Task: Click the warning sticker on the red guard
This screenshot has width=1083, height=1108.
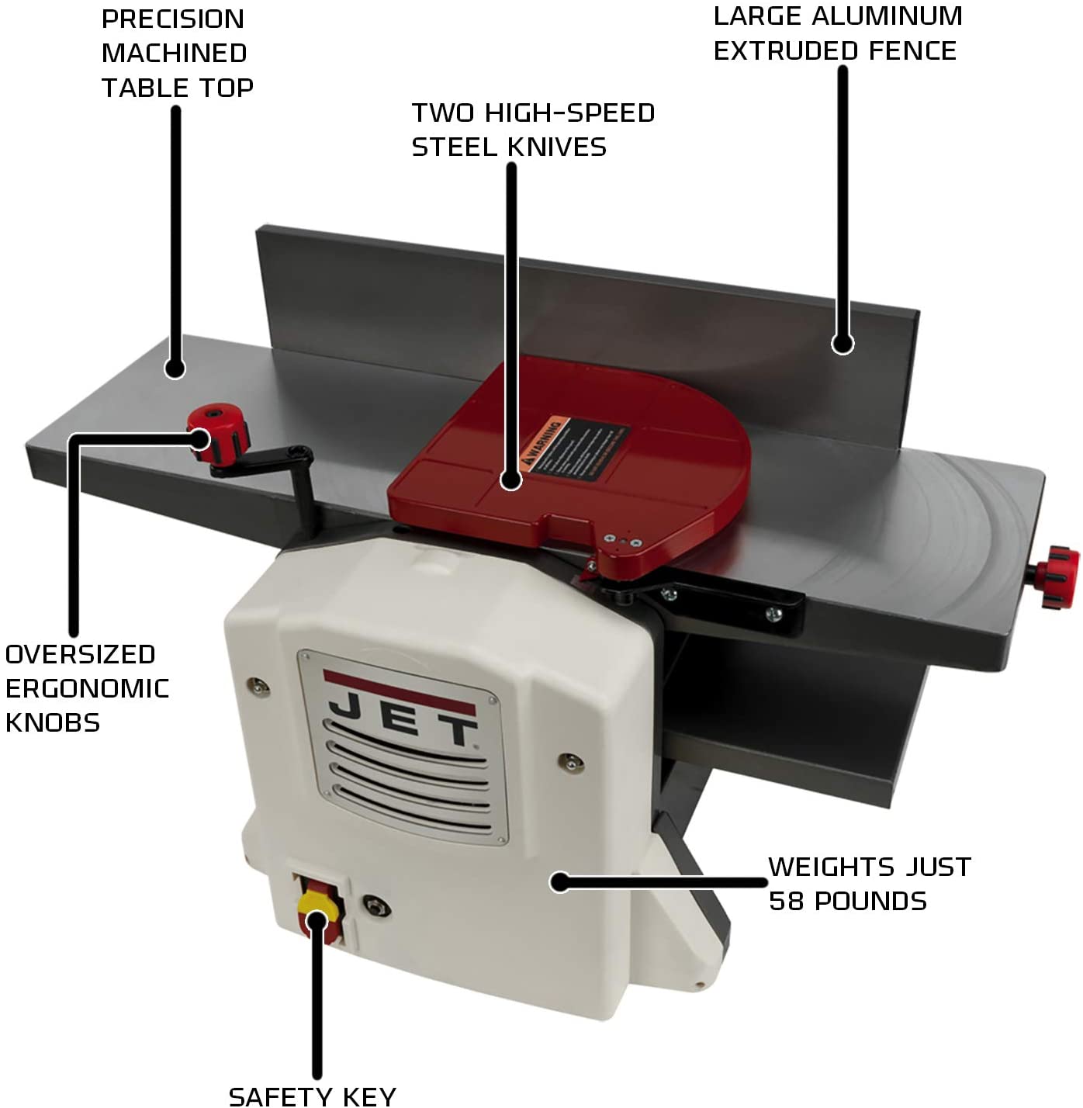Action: [573, 448]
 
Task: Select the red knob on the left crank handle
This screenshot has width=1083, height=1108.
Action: [220, 431]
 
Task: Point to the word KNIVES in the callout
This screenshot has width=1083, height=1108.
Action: [557, 147]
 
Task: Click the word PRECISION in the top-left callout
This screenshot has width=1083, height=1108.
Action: [172, 19]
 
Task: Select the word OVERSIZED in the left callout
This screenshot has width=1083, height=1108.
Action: [80, 655]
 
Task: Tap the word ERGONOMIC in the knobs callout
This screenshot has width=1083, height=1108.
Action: [87, 689]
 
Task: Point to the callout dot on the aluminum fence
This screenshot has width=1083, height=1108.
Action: [843, 343]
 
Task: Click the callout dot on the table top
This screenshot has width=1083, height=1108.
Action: [175, 368]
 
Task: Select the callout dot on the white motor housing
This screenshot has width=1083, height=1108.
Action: [560, 882]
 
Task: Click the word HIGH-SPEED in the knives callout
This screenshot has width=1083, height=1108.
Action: [569, 113]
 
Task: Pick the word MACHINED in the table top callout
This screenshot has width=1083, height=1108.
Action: [174, 54]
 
